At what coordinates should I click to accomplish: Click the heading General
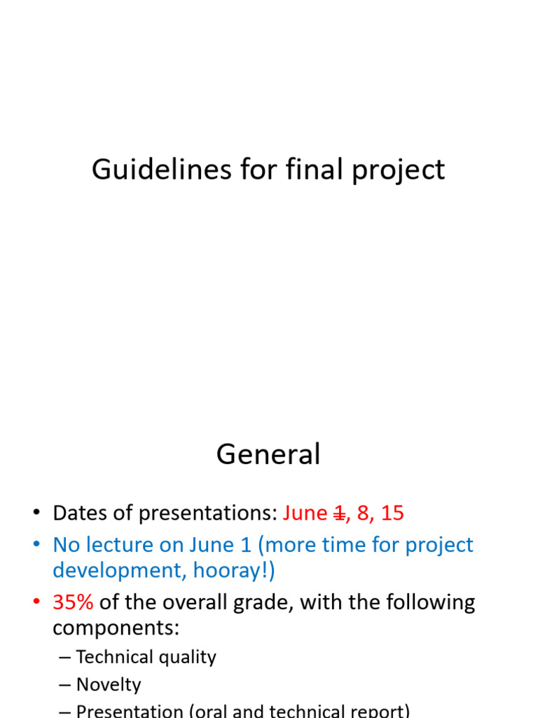pyautogui.click(x=268, y=455)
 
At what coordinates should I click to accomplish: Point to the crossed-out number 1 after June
pyautogui.click(x=339, y=513)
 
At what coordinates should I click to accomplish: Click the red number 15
pyautogui.click(x=392, y=513)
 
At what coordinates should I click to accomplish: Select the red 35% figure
pyautogui.click(x=73, y=602)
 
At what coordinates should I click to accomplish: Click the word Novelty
pyautogui.click(x=109, y=685)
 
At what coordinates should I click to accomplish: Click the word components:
pyautogui.click(x=116, y=628)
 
